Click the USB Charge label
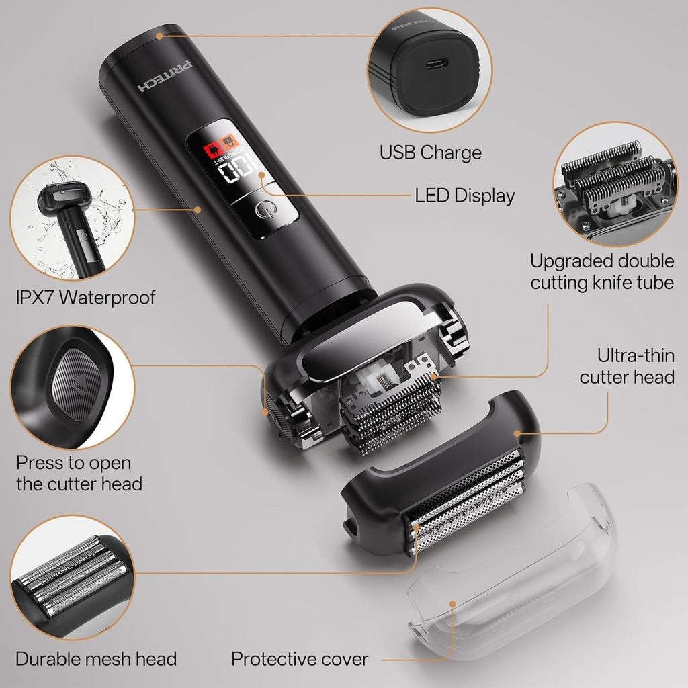(x=431, y=153)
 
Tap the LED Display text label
(x=464, y=196)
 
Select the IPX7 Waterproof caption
(x=85, y=296)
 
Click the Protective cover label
(x=300, y=659)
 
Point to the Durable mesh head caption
(x=96, y=659)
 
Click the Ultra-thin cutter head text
(x=626, y=365)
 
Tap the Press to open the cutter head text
(x=79, y=473)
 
